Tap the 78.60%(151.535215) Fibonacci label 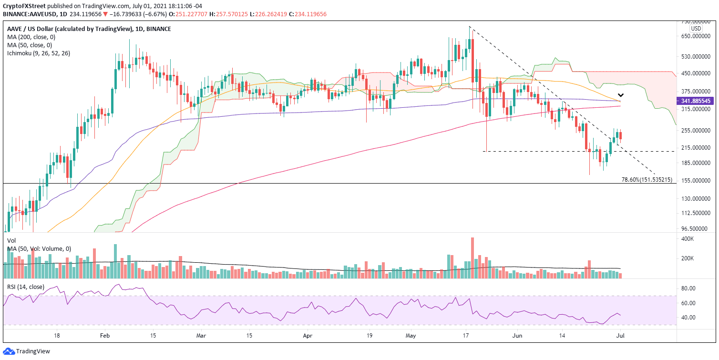click(x=647, y=180)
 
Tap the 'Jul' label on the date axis click(x=619, y=336)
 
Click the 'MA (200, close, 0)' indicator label click(x=31, y=37)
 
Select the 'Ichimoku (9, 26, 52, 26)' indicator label click(x=39, y=53)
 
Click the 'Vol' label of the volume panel click(x=12, y=241)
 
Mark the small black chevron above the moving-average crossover click(x=620, y=95)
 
